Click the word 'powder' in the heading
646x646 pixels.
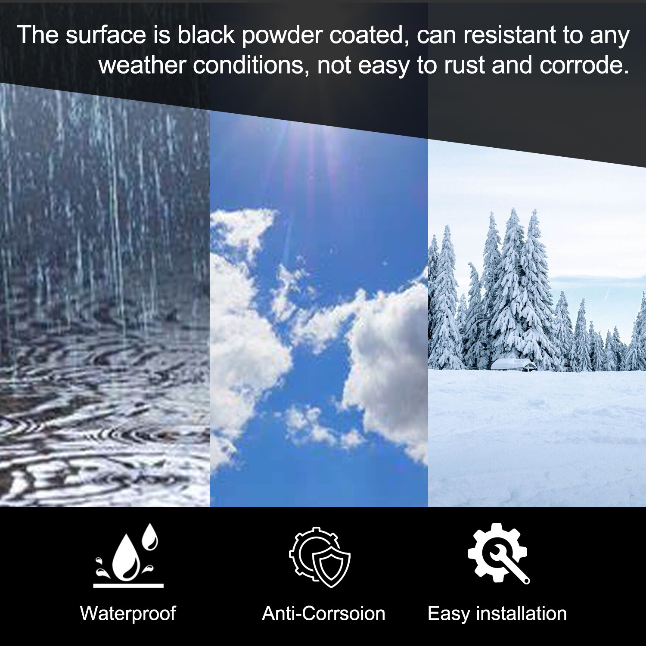pos(282,36)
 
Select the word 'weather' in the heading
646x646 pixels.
pos(143,65)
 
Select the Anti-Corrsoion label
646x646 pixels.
pos(323,613)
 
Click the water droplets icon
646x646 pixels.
pos(128,555)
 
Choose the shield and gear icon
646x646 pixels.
pos(320,557)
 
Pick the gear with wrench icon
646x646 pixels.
pos(498,553)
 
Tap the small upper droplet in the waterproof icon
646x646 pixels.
pos(150,537)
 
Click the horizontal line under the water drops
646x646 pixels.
pos(128,586)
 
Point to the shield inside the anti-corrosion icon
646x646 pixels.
pos(331,568)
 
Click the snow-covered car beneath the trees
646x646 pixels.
pos(514,364)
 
